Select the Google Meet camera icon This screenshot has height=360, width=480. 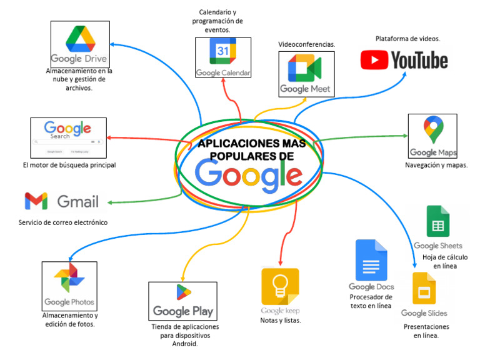coord(304,68)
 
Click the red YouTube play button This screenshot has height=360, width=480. coord(374,60)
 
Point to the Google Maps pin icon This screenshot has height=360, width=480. coord(432,130)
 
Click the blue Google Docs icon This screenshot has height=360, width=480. coord(371,259)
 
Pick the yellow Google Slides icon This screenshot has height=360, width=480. coord(424,288)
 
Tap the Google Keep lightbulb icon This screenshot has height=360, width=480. coord(280,286)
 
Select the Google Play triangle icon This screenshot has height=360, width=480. coord(183,292)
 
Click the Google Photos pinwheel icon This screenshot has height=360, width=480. coord(69,279)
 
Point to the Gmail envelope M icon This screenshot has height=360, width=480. coord(36,201)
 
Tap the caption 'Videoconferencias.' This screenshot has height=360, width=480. coord(307,44)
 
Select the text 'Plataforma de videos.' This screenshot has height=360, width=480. coord(407,39)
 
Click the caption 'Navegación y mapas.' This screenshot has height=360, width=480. coord(436,165)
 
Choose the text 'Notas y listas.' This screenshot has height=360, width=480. coord(281,321)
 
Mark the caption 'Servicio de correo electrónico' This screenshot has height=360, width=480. coord(62,222)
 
